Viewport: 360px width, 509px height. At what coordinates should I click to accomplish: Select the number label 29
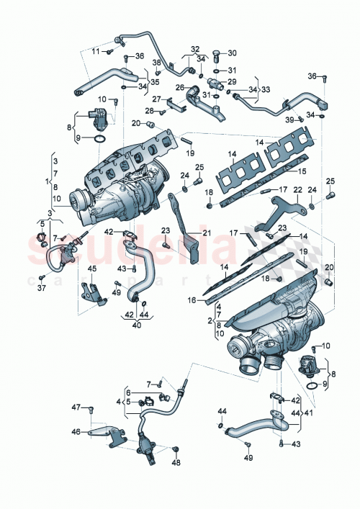[x=232, y=82]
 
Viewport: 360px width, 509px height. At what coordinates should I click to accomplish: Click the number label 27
[x=156, y=99]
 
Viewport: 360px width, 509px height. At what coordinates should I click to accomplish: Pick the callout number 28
[x=150, y=111]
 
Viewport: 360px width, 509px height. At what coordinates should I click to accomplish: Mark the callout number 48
[x=176, y=463]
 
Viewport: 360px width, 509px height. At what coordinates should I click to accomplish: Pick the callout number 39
[x=289, y=119]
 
